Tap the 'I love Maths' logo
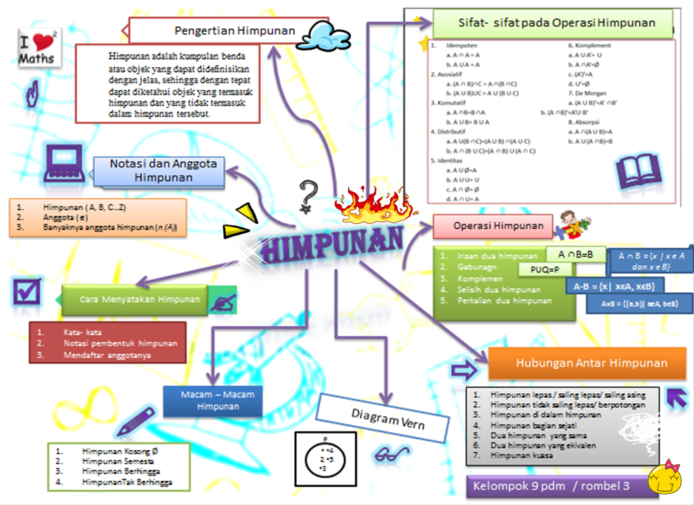pyautogui.click(x=39, y=47)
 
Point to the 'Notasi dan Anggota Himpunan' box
pyautogui.click(x=159, y=171)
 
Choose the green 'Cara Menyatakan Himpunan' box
pyautogui.click(x=139, y=299)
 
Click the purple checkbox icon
pyautogui.click(x=27, y=292)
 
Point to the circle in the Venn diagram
pyautogui.click(x=326, y=458)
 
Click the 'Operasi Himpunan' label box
pyautogui.click(x=499, y=227)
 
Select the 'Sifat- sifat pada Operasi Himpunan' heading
pyautogui.click(x=556, y=23)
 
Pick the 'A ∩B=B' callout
pyautogui.click(x=575, y=254)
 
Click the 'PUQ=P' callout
pyautogui.click(x=545, y=269)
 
